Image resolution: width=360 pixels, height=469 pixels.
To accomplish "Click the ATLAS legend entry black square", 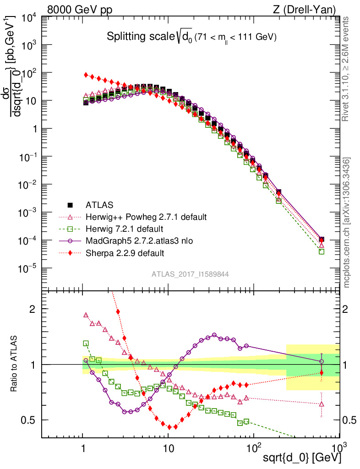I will [70, 205].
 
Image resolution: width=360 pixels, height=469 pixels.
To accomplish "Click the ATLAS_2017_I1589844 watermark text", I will [191, 274].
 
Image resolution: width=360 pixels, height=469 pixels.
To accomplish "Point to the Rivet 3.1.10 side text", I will [346, 69].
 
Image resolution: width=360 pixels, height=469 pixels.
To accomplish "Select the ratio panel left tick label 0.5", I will [30, 420].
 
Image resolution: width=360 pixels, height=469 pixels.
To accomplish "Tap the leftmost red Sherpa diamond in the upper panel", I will [86, 75].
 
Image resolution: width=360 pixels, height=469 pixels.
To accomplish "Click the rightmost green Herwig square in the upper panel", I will [322, 251].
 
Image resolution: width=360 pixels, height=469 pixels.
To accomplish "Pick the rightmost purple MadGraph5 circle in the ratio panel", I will [322, 361].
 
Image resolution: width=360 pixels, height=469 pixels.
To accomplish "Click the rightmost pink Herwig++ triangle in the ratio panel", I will [322, 404].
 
